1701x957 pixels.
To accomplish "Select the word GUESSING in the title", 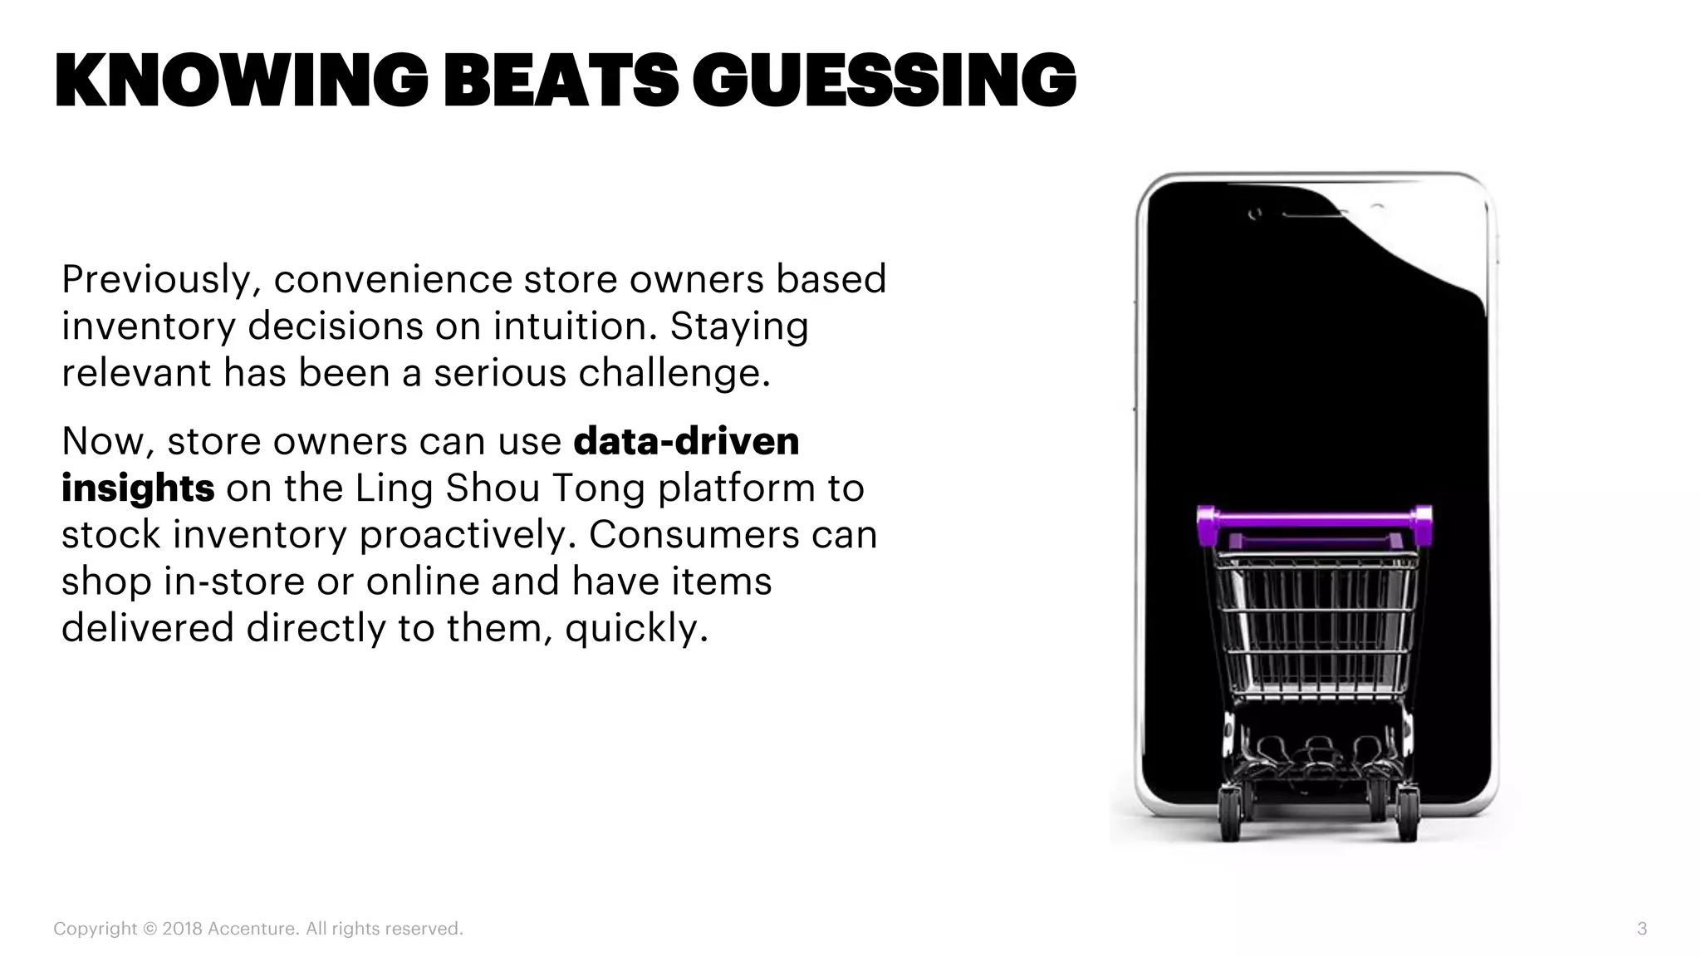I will pos(884,81).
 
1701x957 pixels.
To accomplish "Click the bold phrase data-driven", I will pos(686,441).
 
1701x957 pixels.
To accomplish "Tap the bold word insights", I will pos(138,488).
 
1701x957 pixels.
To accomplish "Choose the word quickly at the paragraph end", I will pos(635,628).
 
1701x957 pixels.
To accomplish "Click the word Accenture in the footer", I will pos(252,929).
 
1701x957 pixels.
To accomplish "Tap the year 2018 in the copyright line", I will pos(182,929).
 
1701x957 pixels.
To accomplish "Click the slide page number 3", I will pos(1641,929).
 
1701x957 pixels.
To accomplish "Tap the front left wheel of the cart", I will pos(1229,815).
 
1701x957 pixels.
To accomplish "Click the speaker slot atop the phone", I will pos(1314,214).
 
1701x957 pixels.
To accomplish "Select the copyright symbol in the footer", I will pos(150,929).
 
